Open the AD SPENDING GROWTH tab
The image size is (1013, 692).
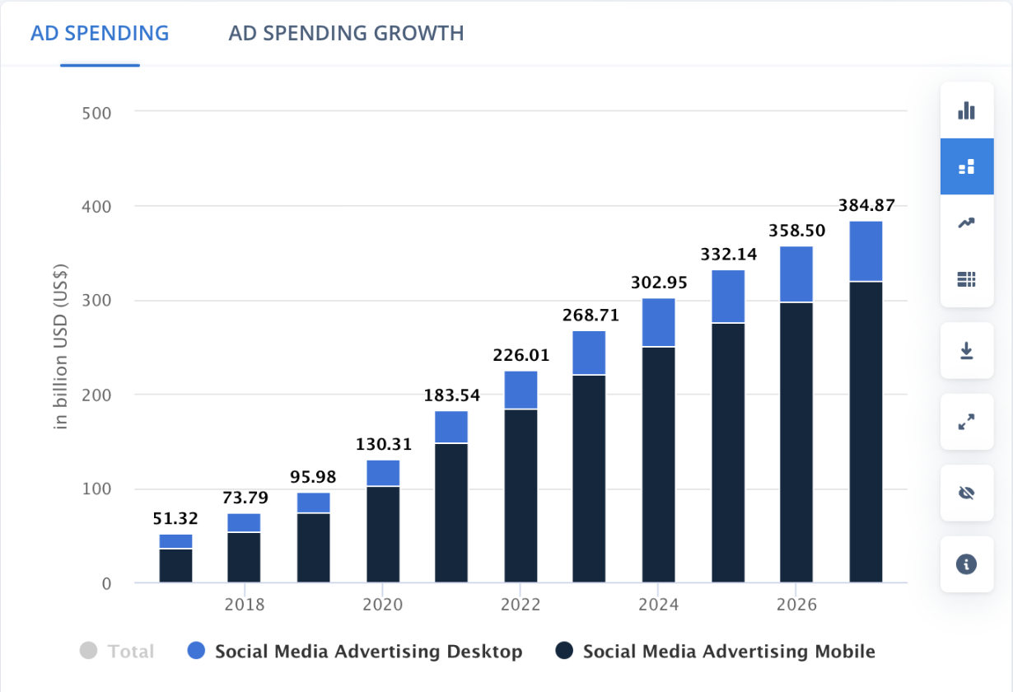[x=346, y=34]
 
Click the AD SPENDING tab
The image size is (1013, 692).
[x=100, y=34]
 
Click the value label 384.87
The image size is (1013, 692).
[x=866, y=206]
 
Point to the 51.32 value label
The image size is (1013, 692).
[x=175, y=519]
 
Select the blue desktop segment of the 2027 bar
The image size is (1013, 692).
[x=866, y=251]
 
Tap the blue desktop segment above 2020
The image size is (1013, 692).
[x=383, y=473]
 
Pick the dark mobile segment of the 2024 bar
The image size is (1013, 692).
[x=658, y=465]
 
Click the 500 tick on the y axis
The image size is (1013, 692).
[x=96, y=111]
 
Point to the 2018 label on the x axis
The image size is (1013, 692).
[x=245, y=605]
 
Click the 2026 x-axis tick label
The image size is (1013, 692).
[x=796, y=605]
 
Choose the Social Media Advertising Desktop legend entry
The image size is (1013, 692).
[x=355, y=652]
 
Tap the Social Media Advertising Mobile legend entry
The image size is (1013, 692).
[x=715, y=652]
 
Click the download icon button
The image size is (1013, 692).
[x=967, y=351]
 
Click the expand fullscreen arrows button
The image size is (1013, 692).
[x=967, y=422]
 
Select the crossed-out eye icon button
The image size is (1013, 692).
[x=967, y=493]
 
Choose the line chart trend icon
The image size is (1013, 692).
[x=967, y=222]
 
